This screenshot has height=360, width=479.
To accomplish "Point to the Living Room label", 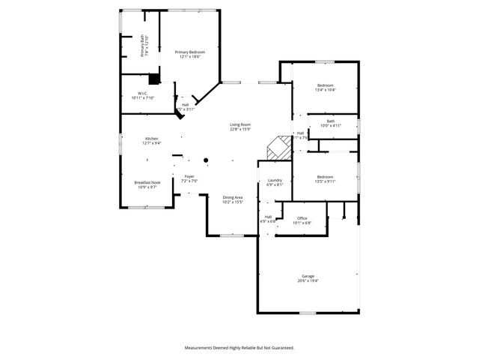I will [x=239, y=126].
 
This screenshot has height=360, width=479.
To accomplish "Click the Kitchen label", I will [x=152, y=140].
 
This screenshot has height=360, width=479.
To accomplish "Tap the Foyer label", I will [x=190, y=178].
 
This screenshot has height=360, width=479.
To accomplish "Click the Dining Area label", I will [x=233, y=199].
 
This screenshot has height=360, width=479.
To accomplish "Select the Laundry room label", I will [x=275, y=181].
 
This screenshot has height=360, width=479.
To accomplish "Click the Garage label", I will [x=308, y=277].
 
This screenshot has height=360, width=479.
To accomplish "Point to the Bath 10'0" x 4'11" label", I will [x=331, y=124].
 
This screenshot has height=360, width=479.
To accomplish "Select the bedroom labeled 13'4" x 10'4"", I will [x=326, y=87].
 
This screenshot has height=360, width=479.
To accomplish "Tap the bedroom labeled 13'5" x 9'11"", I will [x=325, y=178].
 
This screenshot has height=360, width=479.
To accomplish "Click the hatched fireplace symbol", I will [x=279, y=146].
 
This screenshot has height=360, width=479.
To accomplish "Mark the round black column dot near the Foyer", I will [x=207, y=159].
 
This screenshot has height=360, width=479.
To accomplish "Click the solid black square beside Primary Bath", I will [x=154, y=78].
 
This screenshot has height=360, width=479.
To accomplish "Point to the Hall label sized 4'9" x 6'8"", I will [x=267, y=219].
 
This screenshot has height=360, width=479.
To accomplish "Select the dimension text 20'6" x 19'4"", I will [x=308, y=280].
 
